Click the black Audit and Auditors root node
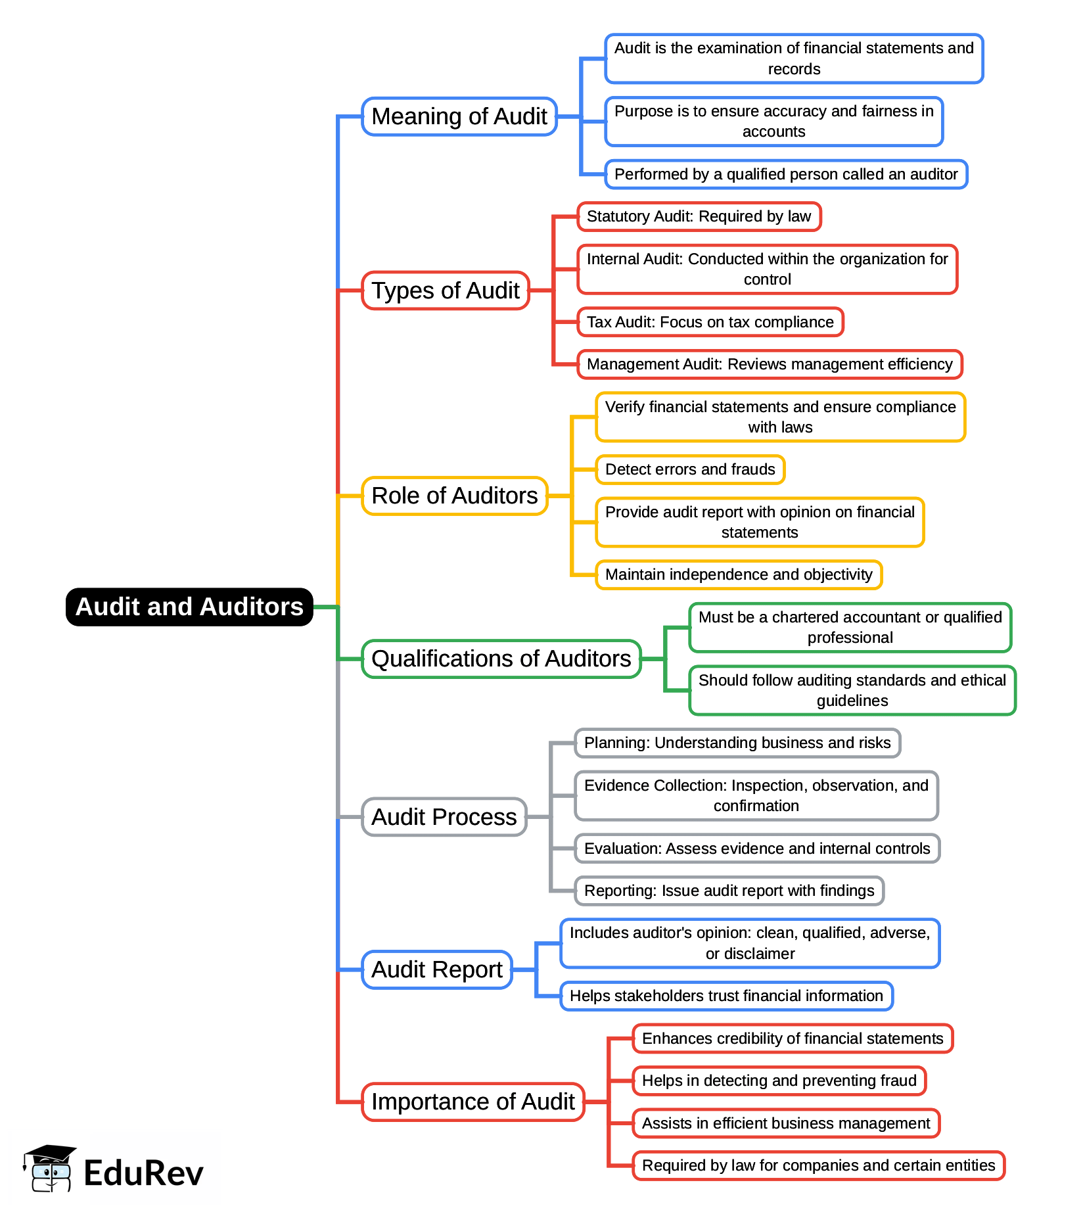(x=189, y=607)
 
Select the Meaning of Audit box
(x=459, y=116)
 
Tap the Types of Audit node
(x=446, y=291)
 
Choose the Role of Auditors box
(x=455, y=496)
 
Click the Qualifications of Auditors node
(x=501, y=659)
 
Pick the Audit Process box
(x=444, y=817)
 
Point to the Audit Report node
(x=437, y=969)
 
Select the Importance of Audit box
(x=473, y=1102)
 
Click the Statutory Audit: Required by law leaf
(x=699, y=217)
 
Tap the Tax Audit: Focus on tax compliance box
(x=710, y=322)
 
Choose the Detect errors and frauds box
(x=690, y=469)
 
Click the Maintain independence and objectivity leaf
(x=739, y=574)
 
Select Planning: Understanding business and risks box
(x=737, y=743)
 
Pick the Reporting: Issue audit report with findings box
(x=729, y=891)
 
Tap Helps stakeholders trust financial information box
(x=726, y=996)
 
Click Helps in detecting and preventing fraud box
(x=779, y=1081)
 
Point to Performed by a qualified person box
(x=786, y=174)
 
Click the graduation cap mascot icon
(x=50, y=1169)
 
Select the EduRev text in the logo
(x=144, y=1173)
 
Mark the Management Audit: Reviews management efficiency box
(x=770, y=364)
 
